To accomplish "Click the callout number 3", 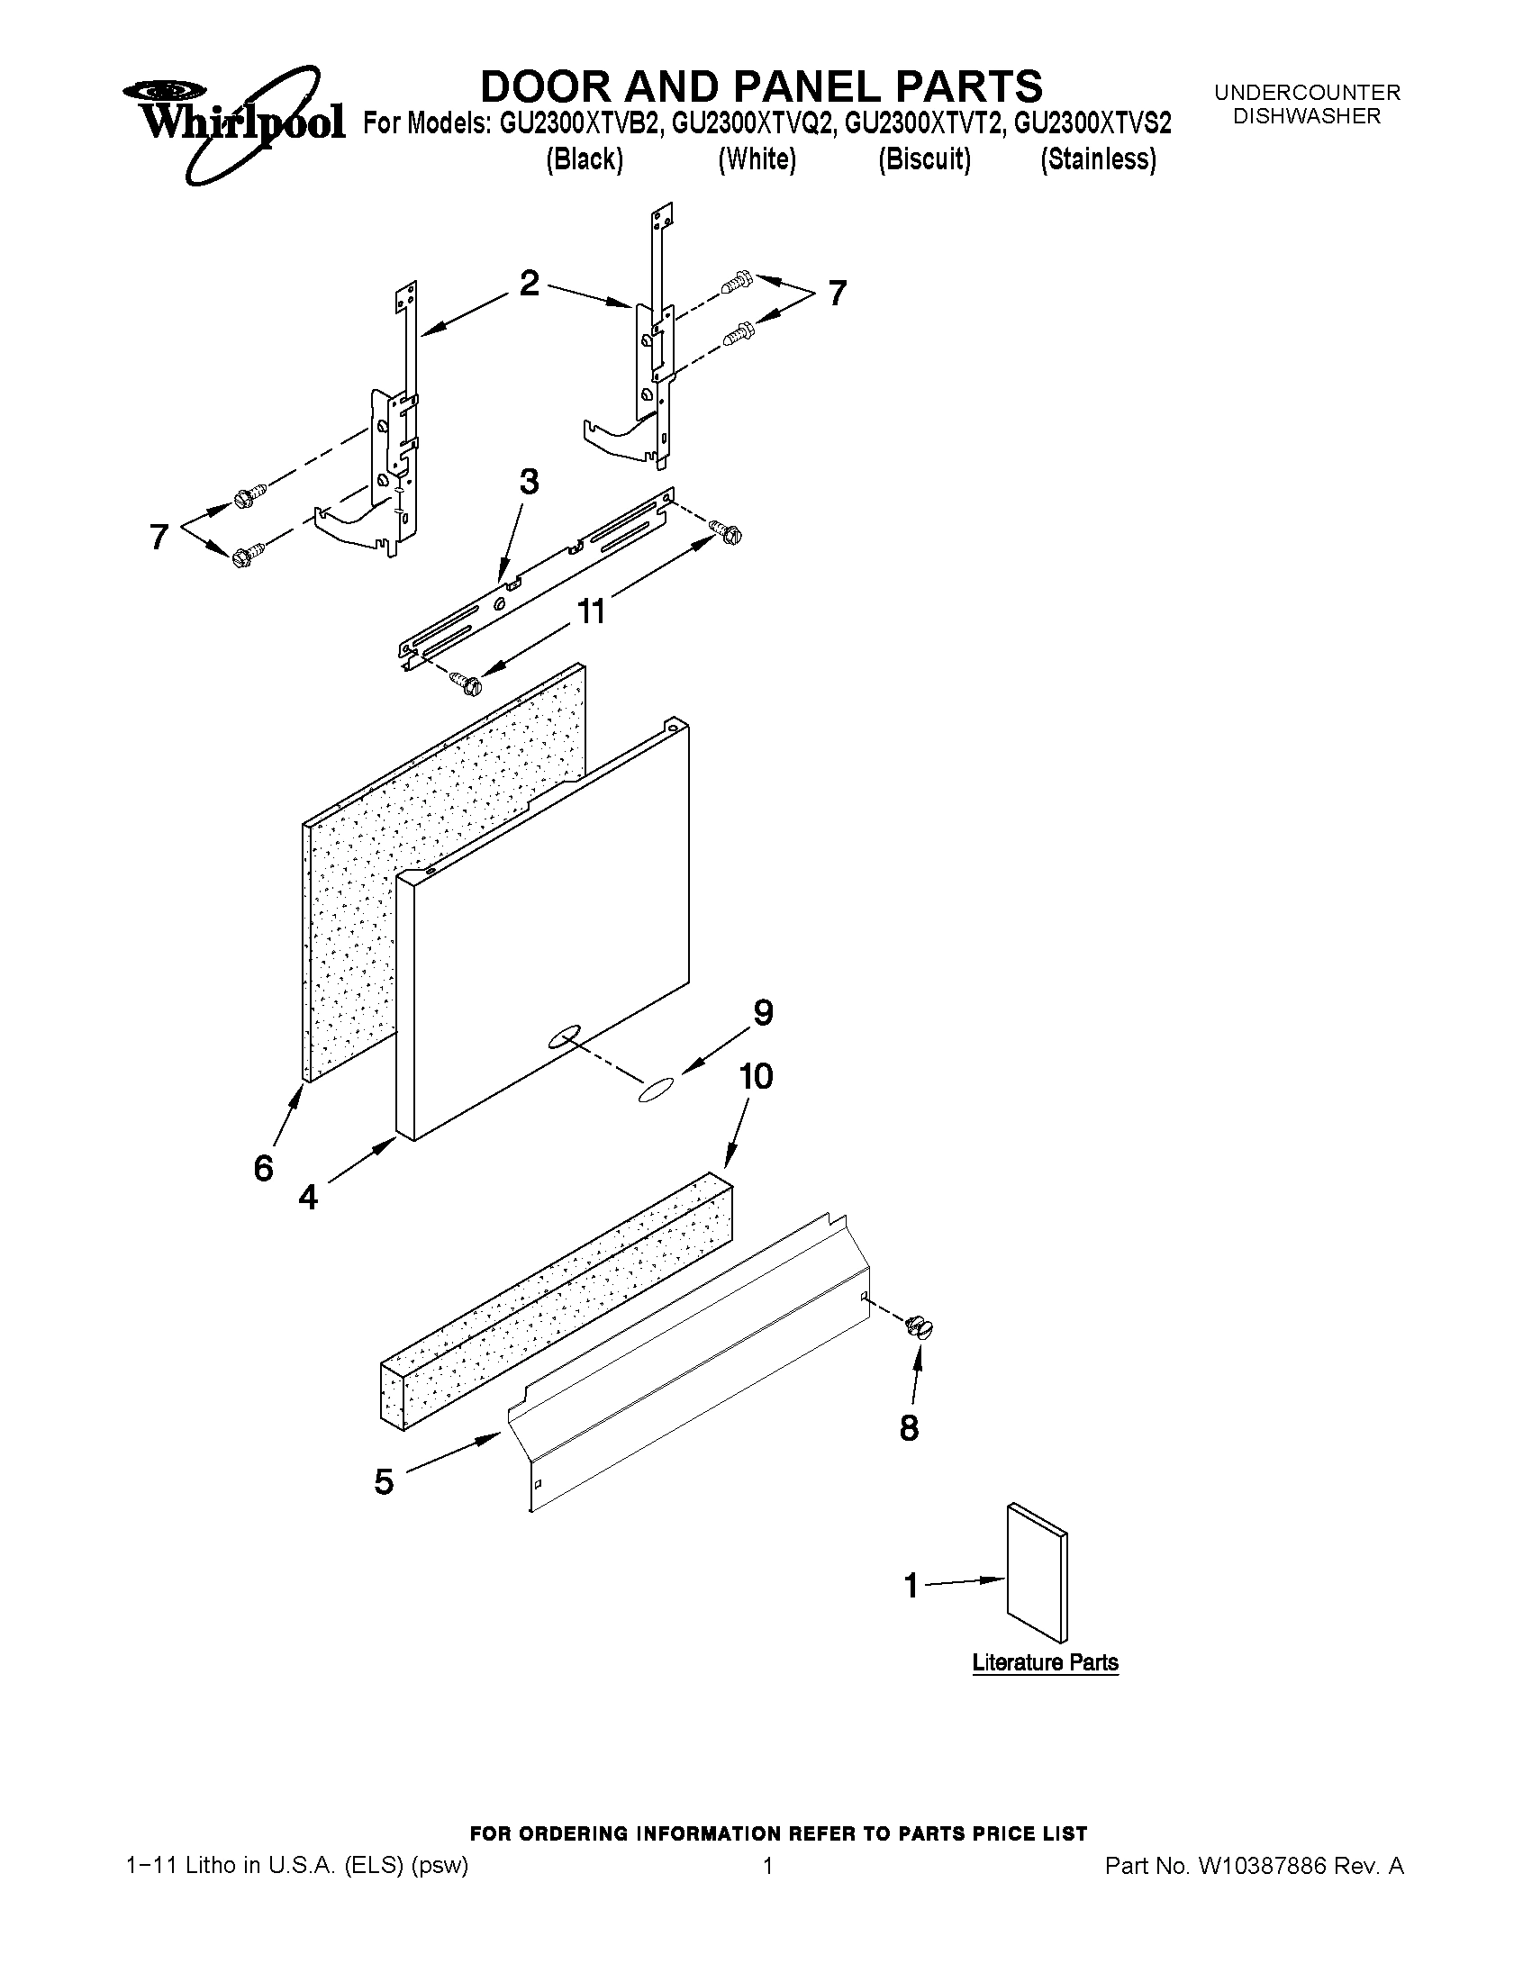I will click(x=528, y=482).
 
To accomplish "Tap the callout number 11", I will click(x=592, y=611).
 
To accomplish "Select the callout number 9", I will click(x=763, y=1013).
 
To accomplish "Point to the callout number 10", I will click(x=756, y=1076).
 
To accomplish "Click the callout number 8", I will click(x=909, y=1428).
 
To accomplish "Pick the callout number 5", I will click(x=384, y=1482).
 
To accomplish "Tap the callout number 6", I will click(x=263, y=1169).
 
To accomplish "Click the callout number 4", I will click(x=309, y=1198).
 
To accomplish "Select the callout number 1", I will click(x=911, y=1587).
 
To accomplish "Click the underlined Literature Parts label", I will click(x=1045, y=1662).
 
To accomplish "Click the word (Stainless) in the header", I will click(x=1098, y=159).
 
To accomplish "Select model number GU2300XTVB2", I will click(x=578, y=123).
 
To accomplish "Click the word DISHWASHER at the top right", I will click(x=1307, y=116).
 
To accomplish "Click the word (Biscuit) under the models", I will click(x=924, y=159).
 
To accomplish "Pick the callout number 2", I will click(x=529, y=283).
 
